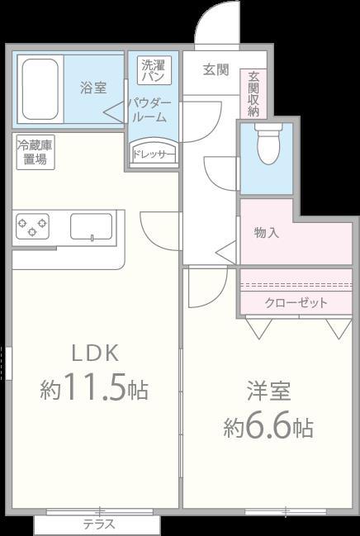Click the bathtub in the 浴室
click(x=38, y=88)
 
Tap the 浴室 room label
click(x=93, y=87)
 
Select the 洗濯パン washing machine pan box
click(x=154, y=70)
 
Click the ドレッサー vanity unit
click(x=154, y=154)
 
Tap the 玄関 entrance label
click(x=216, y=70)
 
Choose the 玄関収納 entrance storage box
click(x=253, y=92)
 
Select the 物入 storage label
click(x=266, y=233)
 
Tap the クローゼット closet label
click(x=296, y=302)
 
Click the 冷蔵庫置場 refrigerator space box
click(x=36, y=153)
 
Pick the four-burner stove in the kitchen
click(x=32, y=225)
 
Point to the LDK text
click(x=96, y=353)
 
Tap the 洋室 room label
click(x=268, y=390)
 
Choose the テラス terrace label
click(x=98, y=524)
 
